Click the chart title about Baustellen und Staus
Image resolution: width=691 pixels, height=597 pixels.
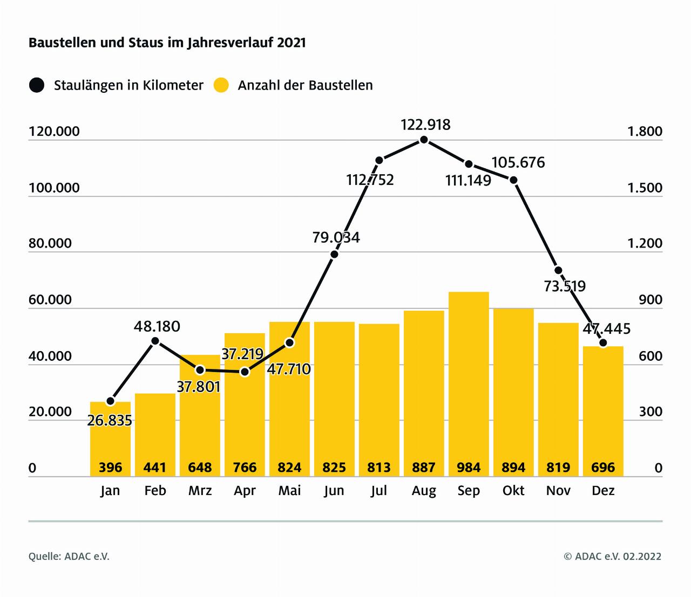pyautogui.click(x=167, y=43)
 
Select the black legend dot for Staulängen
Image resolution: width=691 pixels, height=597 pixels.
pyautogui.click(x=37, y=85)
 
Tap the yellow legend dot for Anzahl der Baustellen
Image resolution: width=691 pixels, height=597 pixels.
pyautogui.click(x=221, y=85)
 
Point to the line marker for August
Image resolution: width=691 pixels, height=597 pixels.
pyautogui.click(x=424, y=140)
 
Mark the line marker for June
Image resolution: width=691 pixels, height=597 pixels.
pyautogui.click(x=334, y=254)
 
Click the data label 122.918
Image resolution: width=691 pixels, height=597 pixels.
pyautogui.click(x=425, y=125)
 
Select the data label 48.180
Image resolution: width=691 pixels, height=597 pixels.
pyautogui.click(x=157, y=326)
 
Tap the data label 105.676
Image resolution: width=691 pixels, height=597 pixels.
pyautogui.click(x=518, y=162)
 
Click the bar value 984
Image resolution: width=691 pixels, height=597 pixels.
pyautogui.click(x=469, y=467)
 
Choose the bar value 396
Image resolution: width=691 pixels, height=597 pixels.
pyautogui.click(x=110, y=467)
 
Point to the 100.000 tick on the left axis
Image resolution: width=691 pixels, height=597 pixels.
pyautogui.click(x=54, y=188)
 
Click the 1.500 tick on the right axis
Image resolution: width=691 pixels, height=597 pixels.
pyautogui.click(x=645, y=188)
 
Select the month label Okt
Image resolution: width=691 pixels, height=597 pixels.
pyautogui.click(x=513, y=490)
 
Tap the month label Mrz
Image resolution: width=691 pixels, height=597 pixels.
pyautogui.click(x=200, y=490)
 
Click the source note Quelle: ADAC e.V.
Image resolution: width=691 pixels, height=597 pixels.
pyautogui.click(x=69, y=556)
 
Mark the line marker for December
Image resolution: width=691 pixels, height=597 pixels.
pyautogui.click(x=603, y=343)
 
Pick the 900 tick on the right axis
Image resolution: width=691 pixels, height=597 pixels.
pyautogui.click(x=650, y=300)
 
